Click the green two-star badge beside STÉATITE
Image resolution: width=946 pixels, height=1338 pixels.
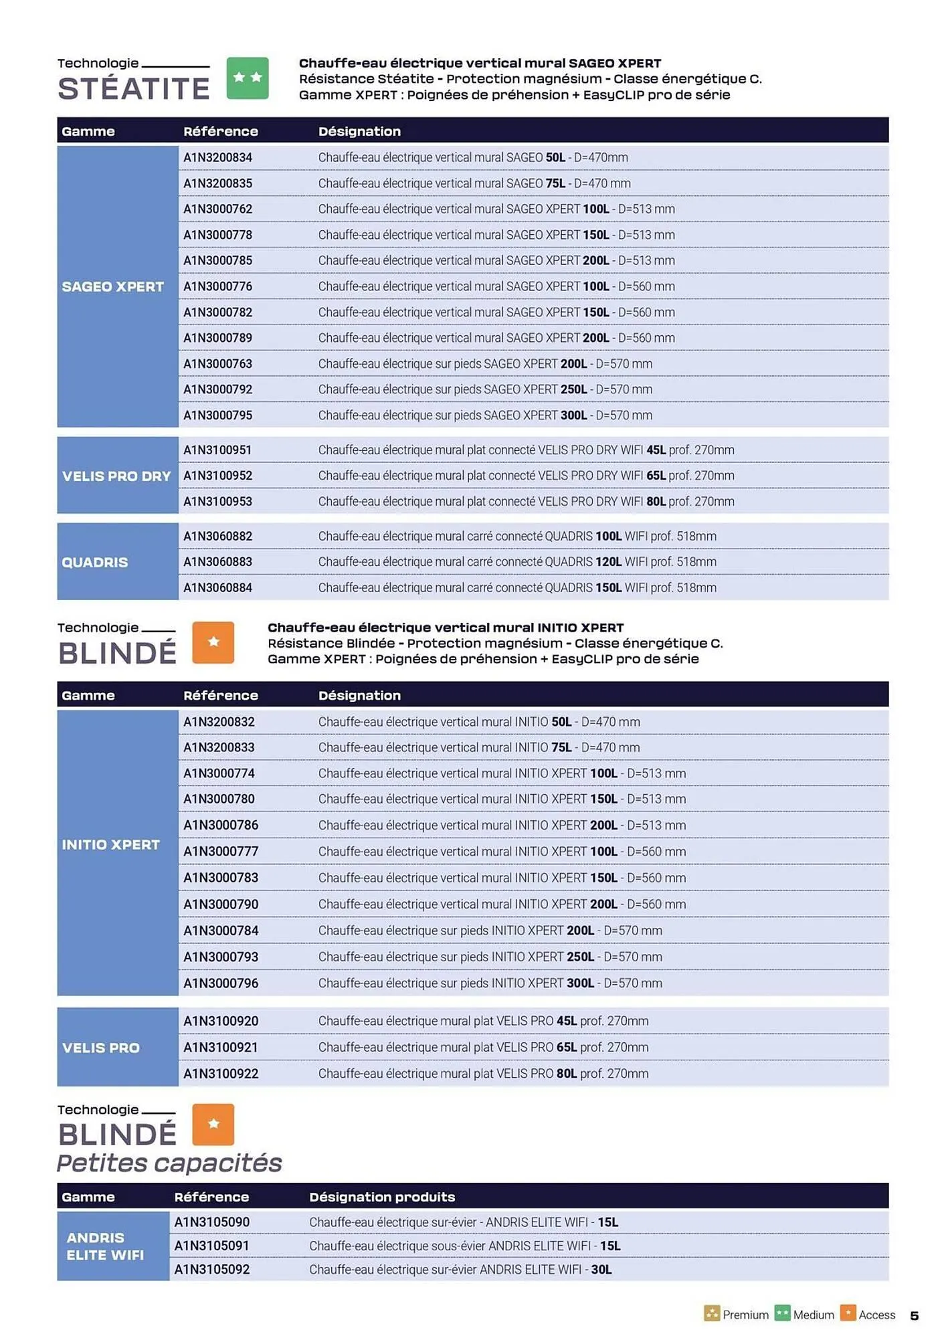tap(247, 78)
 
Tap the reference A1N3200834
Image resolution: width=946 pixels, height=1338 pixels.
tap(217, 158)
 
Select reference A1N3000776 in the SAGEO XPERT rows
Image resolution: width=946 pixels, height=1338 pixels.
tap(217, 286)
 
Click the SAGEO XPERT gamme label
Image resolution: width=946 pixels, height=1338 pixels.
tap(112, 287)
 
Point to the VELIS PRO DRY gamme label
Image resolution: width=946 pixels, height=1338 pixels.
tap(116, 476)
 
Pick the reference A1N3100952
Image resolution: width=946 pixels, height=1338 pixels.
tap(217, 476)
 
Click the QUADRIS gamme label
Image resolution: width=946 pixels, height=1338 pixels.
tap(94, 563)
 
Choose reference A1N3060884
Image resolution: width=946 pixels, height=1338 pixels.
tap(217, 588)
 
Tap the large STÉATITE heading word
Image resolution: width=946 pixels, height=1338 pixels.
tap(134, 89)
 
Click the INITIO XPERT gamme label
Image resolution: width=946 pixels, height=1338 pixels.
tap(110, 845)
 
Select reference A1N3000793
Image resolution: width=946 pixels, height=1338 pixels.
tap(220, 957)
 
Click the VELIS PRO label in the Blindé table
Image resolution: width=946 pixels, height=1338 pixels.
tap(100, 1048)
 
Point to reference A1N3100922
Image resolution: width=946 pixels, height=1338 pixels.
tap(220, 1074)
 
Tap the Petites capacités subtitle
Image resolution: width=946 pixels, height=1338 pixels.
tap(169, 1163)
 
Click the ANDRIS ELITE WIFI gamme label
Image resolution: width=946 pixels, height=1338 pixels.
tap(104, 1246)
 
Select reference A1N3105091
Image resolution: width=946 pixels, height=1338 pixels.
tap(211, 1246)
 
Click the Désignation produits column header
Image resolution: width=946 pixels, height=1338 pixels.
tap(381, 1197)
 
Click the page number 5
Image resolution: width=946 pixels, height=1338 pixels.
tap(914, 1316)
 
